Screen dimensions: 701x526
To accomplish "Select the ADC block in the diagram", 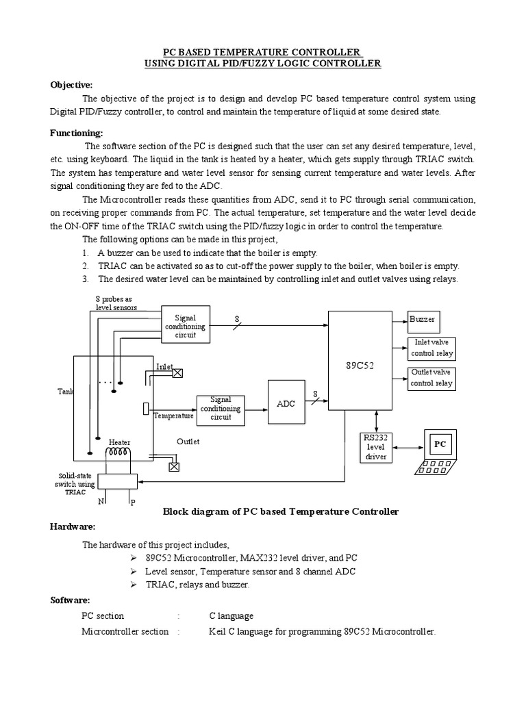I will pos(286,403).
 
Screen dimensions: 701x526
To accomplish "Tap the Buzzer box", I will pos(422,320).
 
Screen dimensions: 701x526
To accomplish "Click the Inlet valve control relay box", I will pos(431,348).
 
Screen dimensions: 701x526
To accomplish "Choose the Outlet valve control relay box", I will pos(431,378).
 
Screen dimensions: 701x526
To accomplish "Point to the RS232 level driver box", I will pos(376,447).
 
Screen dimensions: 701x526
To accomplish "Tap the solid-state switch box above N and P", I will pos(117,481).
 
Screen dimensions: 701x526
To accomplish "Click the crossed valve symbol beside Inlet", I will pos(178,373).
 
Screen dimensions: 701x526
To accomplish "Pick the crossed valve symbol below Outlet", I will pos(174,467).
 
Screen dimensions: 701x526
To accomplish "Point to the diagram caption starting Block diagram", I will pos(279,511).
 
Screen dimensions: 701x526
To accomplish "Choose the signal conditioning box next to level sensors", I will pos(185,327).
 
